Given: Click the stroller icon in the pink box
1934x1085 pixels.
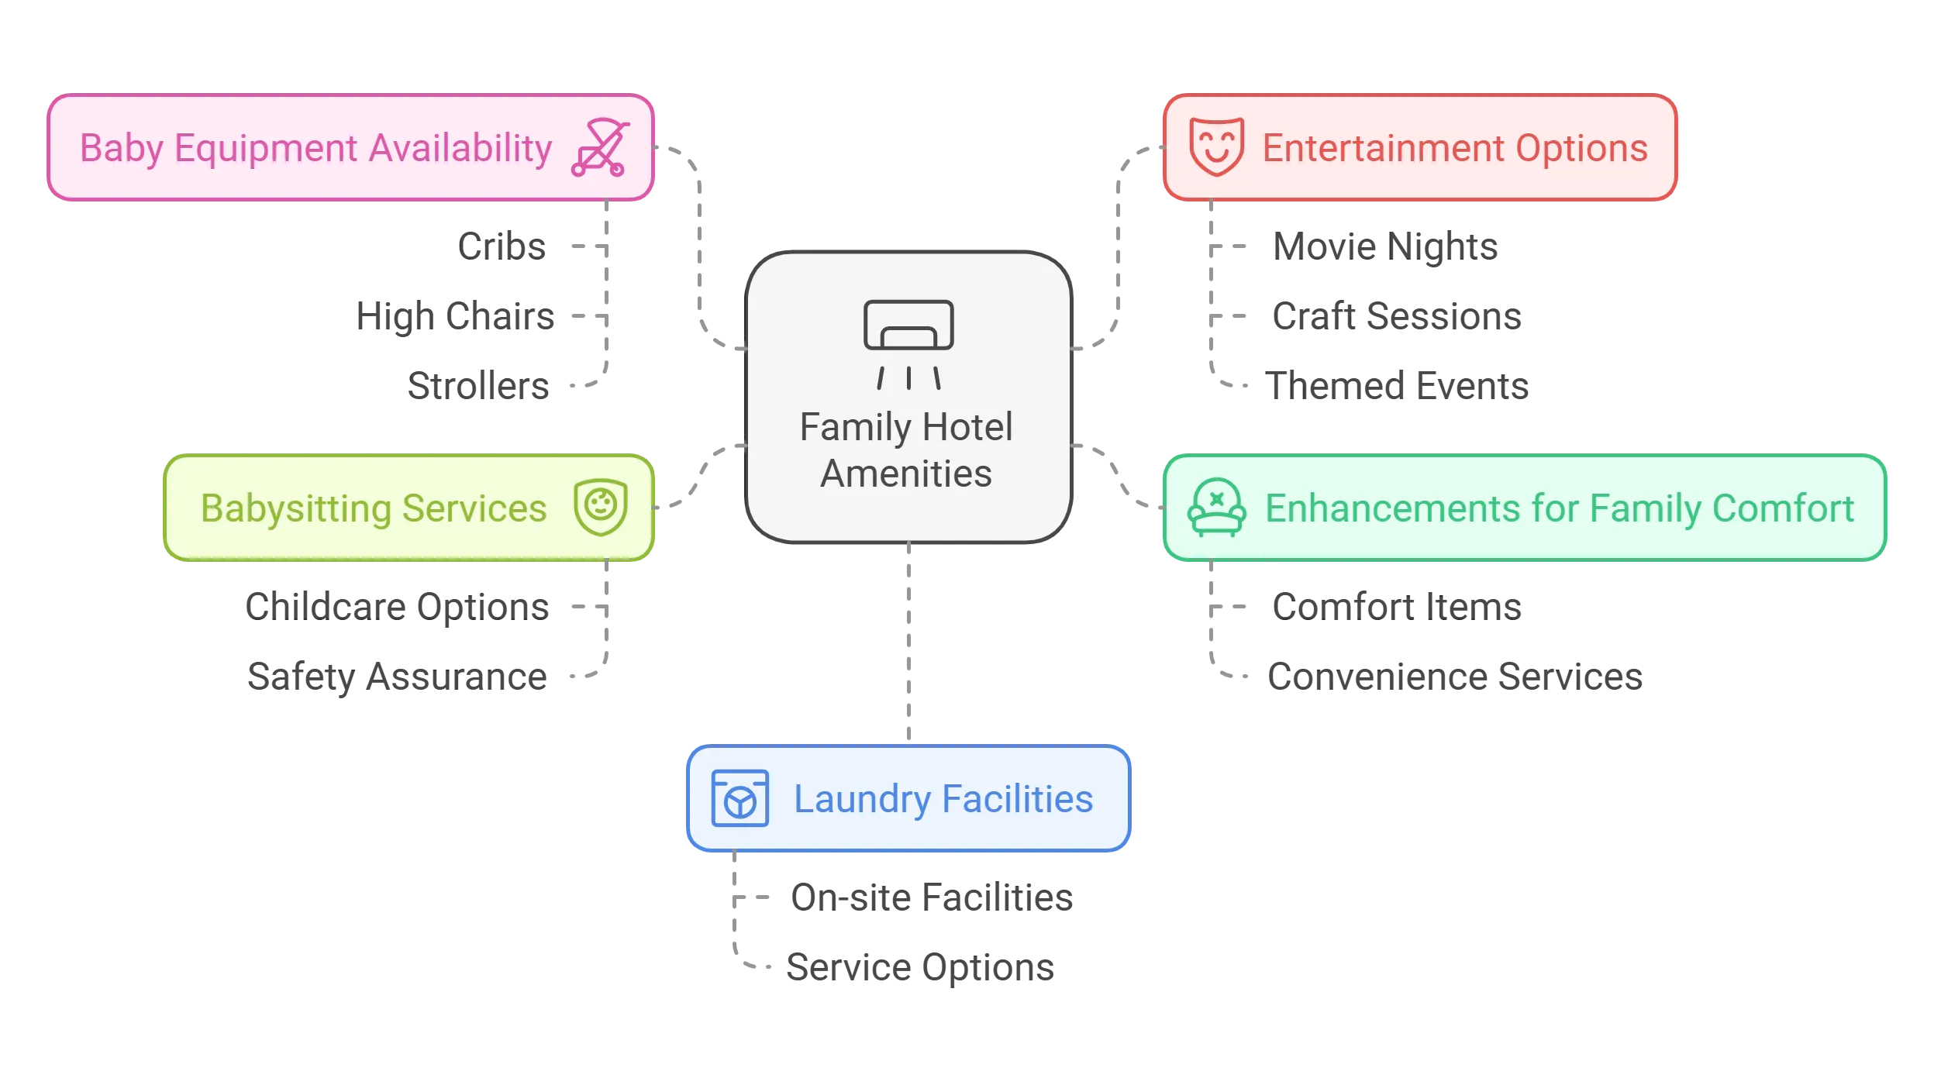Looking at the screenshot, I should [x=599, y=147].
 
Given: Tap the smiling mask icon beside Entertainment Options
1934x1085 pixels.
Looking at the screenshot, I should [x=1216, y=146].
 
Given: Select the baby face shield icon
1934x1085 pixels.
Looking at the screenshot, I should [x=601, y=508].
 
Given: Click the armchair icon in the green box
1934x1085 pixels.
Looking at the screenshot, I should [x=1216, y=508].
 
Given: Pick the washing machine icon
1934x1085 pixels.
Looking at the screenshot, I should [x=739, y=798].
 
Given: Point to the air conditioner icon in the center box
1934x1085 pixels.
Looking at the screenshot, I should [x=908, y=343].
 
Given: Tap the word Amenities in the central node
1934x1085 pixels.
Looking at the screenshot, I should [x=906, y=474].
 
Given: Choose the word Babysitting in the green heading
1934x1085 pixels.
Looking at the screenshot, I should [x=295, y=509].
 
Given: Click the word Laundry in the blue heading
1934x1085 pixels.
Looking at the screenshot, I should [x=862, y=800].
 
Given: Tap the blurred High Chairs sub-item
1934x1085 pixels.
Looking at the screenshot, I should [x=455, y=316].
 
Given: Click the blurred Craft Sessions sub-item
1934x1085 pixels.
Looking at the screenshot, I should [x=1398, y=316].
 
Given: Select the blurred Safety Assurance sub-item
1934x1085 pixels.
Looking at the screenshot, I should [x=399, y=677].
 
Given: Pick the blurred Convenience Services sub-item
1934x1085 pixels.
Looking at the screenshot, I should [x=1454, y=677].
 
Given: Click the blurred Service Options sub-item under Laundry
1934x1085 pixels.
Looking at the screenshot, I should [x=919, y=967].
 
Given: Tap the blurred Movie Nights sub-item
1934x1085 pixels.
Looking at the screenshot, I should [x=1385, y=246].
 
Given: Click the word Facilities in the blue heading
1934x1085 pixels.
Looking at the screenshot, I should [x=1017, y=799].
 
